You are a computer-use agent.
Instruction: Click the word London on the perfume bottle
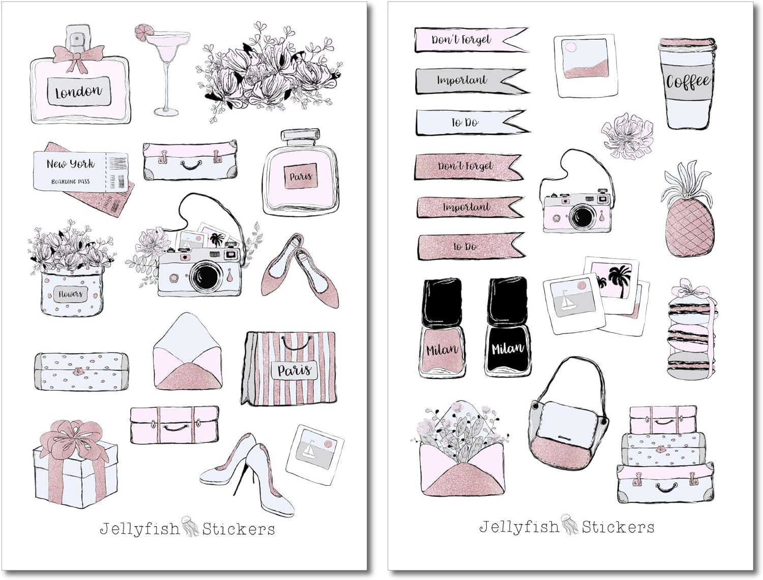[x=78, y=92]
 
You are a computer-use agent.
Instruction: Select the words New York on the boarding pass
[x=71, y=164]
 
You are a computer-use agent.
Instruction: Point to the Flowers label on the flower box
[x=70, y=295]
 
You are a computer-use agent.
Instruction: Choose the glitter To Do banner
[x=471, y=247]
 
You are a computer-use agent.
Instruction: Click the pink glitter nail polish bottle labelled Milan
[x=442, y=327]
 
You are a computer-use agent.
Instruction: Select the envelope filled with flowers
[x=460, y=448]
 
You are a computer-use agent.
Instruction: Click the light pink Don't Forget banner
[x=471, y=40]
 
